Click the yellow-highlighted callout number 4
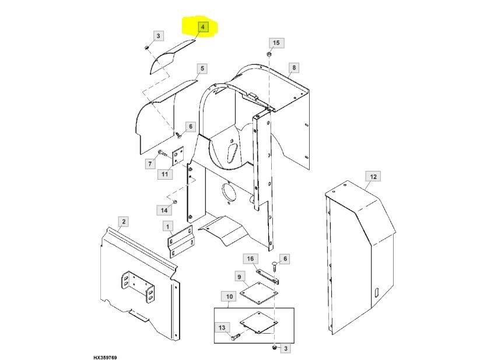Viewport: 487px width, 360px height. coord(202,27)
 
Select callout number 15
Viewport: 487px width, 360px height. coord(276,43)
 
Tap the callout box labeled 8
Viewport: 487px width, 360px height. coord(294,68)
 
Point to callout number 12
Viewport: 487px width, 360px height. coord(373,176)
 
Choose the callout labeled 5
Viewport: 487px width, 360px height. coord(202,69)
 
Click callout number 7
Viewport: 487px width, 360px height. coord(149,164)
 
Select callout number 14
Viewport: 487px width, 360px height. coord(164,209)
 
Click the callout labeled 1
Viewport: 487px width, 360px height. coord(167,226)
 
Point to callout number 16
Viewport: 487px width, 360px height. coord(250,258)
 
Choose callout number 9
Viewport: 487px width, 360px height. coord(240,276)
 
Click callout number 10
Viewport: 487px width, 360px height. coord(229,297)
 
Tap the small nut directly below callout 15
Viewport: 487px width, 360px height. coord(269,54)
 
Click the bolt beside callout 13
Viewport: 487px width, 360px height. coord(236,337)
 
